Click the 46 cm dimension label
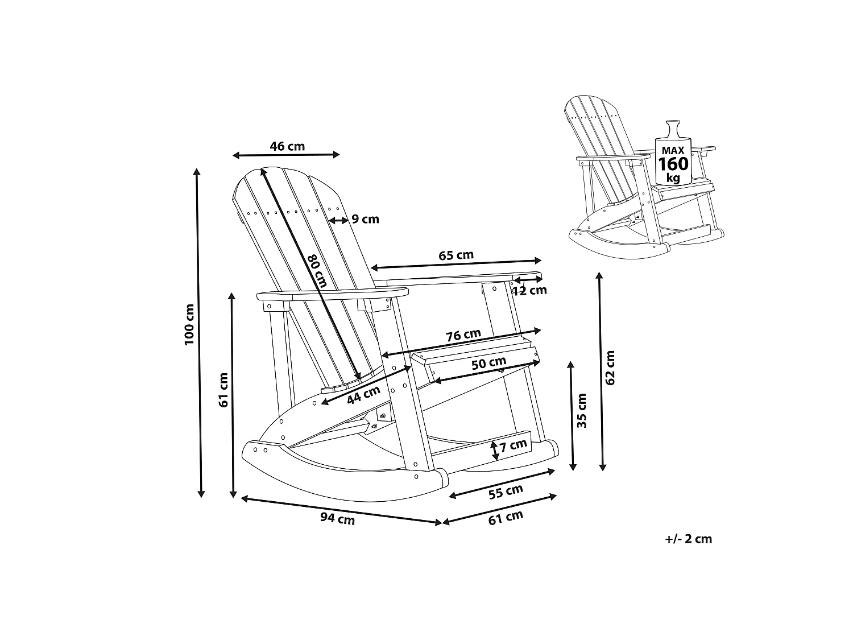287,146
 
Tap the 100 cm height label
189,324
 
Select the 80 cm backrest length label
317,271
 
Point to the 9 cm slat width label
365,219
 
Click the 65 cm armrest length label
456,255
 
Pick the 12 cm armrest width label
530,290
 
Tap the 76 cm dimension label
463,335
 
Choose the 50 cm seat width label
489,364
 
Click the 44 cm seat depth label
363,394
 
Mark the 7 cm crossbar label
514,445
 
